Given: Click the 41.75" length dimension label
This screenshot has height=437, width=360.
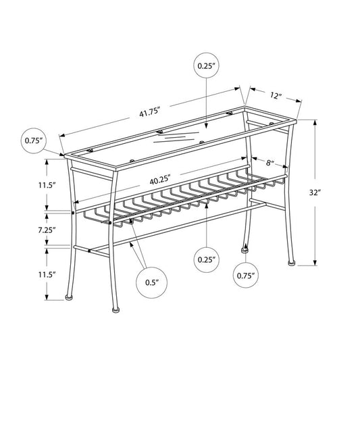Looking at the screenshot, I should coord(150,112).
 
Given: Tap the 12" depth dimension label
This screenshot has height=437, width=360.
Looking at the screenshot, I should coord(275,95).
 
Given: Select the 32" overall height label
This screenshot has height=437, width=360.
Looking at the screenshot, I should coord(332,192).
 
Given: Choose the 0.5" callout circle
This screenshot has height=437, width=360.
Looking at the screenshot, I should coord(151,282).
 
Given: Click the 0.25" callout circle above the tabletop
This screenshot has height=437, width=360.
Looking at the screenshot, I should coord(206,66).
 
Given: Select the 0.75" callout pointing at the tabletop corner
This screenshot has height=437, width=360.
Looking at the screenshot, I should coord(34,140).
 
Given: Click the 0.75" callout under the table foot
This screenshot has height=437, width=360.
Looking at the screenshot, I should coord(245,275).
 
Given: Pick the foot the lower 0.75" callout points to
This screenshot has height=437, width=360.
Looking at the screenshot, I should coord(243,249).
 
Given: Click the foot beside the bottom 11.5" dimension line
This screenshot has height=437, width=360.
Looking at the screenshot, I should coord(69,295).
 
